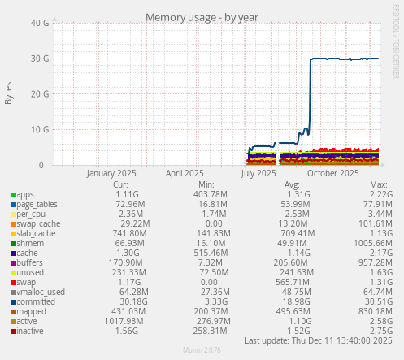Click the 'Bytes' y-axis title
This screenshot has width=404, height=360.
pyautogui.click(x=9, y=93)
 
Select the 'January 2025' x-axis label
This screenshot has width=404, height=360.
pyautogui.click(x=111, y=173)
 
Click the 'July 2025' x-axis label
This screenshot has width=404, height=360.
pyautogui.click(x=259, y=173)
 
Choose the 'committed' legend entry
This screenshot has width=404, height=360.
pyautogui.click(x=35, y=301)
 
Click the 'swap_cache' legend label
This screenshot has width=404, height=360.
pyautogui.click(x=38, y=223)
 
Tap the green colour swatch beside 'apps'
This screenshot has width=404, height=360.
pyautogui.click(x=13, y=195)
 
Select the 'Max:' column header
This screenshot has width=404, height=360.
pyautogui.click(x=379, y=184)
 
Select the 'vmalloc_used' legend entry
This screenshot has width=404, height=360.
pyautogui.click(x=40, y=292)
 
